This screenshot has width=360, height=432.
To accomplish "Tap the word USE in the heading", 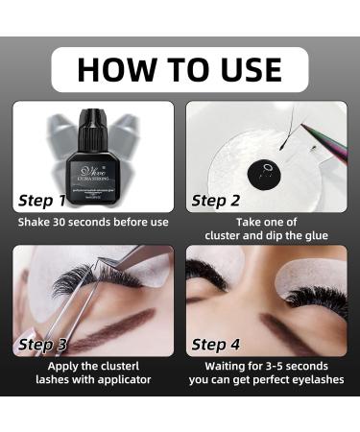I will (243, 69).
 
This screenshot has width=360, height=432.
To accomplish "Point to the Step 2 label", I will (216, 200).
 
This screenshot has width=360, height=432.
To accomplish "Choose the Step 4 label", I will (216, 343).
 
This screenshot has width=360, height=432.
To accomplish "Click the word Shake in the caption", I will (36, 223).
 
